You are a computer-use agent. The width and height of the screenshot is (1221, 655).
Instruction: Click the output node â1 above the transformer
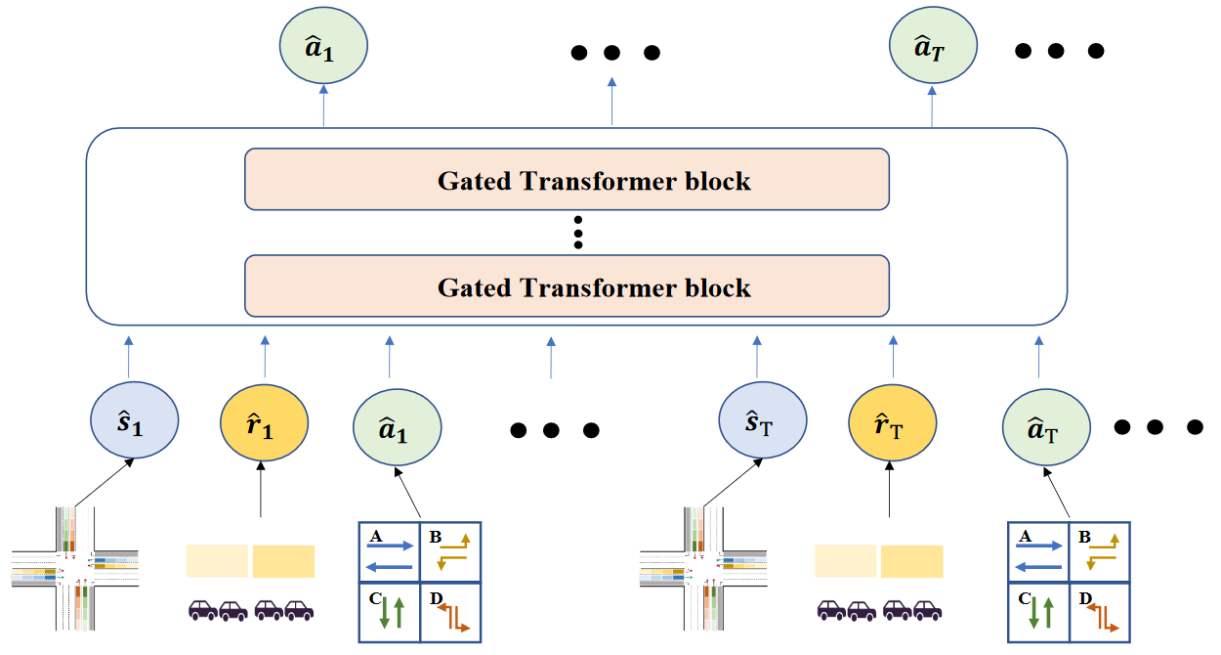322,47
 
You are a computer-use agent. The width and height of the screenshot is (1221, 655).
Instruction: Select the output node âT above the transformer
933,47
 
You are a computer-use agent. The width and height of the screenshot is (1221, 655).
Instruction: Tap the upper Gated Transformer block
567,179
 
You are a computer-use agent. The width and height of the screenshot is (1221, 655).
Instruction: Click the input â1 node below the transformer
396,428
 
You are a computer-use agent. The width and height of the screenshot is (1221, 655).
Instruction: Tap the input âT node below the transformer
1046,428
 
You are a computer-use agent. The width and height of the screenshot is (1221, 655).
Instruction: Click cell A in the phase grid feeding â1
390,551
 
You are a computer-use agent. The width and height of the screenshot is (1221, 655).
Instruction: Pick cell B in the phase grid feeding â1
450,551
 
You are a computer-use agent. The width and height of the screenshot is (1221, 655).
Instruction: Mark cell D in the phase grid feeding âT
1099,612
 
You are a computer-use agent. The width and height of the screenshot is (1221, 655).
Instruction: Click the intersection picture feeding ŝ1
75,571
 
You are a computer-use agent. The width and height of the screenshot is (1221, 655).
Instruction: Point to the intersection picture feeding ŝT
703,571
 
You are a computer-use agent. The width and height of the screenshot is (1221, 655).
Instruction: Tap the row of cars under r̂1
251,611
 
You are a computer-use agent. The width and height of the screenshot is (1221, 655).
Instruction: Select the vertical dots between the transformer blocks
578,233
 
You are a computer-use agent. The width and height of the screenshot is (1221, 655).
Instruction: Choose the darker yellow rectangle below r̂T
911,561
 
